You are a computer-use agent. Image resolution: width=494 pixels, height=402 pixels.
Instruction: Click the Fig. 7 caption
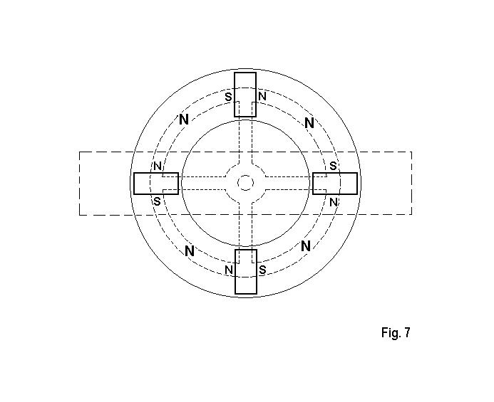[x=396, y=332]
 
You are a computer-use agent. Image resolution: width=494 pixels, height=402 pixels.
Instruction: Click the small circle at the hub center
[x=245, y=183]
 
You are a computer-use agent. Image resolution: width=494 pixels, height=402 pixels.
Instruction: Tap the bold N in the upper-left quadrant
[x=184, y=120]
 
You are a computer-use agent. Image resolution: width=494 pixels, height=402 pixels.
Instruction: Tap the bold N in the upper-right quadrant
[x=309, y=123]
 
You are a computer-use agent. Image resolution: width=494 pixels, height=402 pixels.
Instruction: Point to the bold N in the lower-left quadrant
[x=190, y=251]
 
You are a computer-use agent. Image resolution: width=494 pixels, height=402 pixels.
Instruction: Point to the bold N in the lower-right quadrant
[x=306, y=246]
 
